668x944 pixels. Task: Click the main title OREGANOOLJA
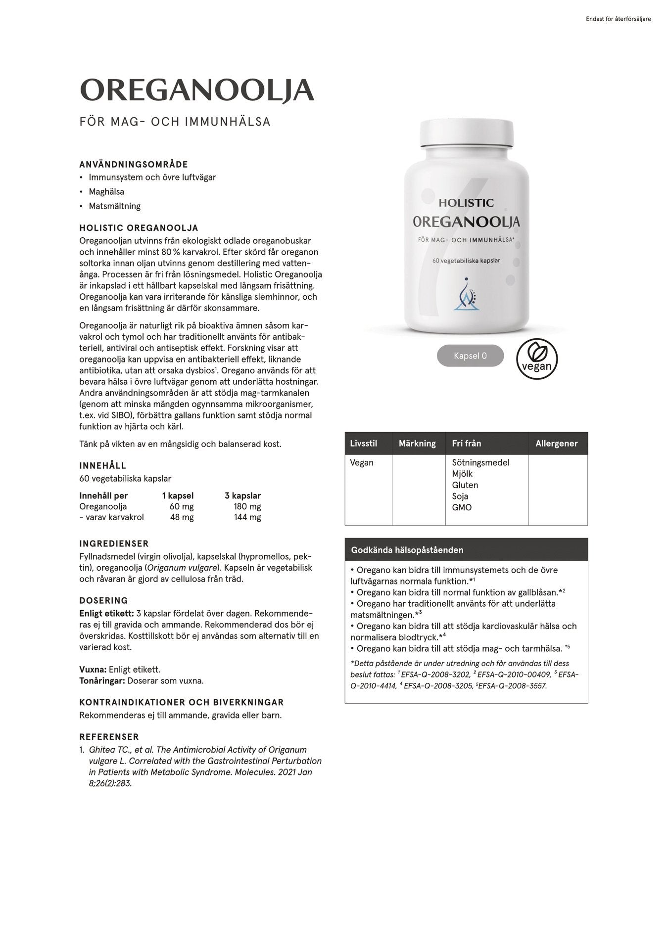[x=196, y=90]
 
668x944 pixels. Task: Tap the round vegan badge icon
[x=536, y=356]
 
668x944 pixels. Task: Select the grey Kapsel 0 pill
[x=470, y=356]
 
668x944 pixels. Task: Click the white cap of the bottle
[x=467, y=133]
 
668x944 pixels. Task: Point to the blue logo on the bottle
[x=466, y=296]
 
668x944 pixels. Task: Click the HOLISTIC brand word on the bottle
[x=466, y=202]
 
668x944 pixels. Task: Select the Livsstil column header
[x=363, y=444]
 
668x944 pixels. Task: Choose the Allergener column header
[x=556, y=444]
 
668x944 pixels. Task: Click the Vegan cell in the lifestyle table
[x=362, y=462]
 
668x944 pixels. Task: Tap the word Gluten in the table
[x=465, y=485]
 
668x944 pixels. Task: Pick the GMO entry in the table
[x=462, y=507]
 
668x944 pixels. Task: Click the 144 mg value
[x=247, y=517]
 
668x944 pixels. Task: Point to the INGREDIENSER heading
[x=114, y=544]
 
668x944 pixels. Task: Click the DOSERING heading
[x=103, y=601]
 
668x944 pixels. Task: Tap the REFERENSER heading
[x=109, y=737]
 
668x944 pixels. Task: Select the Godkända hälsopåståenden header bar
[x=466, y=549]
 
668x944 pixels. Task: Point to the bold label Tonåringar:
[x=102, y=680]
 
